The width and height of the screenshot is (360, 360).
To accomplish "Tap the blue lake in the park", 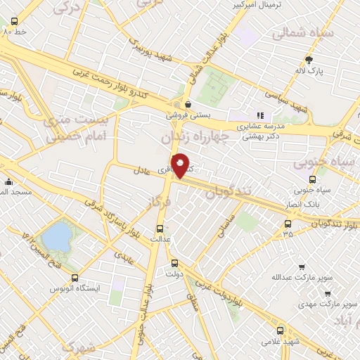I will tap(56, 235).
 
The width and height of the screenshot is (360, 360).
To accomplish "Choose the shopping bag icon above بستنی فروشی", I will tap(187, 103).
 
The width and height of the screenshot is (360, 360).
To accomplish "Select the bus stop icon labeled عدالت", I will tap(160, 229).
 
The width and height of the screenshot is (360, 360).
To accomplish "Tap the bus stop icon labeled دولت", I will tap(175, 264).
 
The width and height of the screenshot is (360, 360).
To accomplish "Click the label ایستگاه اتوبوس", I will tap(75, 288).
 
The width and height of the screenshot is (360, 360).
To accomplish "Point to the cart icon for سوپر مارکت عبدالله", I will tap(302, 267).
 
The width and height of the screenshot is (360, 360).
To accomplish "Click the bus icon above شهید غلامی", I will tap(281, 330).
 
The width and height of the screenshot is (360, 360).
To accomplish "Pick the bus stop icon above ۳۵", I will tap(287, 224).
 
